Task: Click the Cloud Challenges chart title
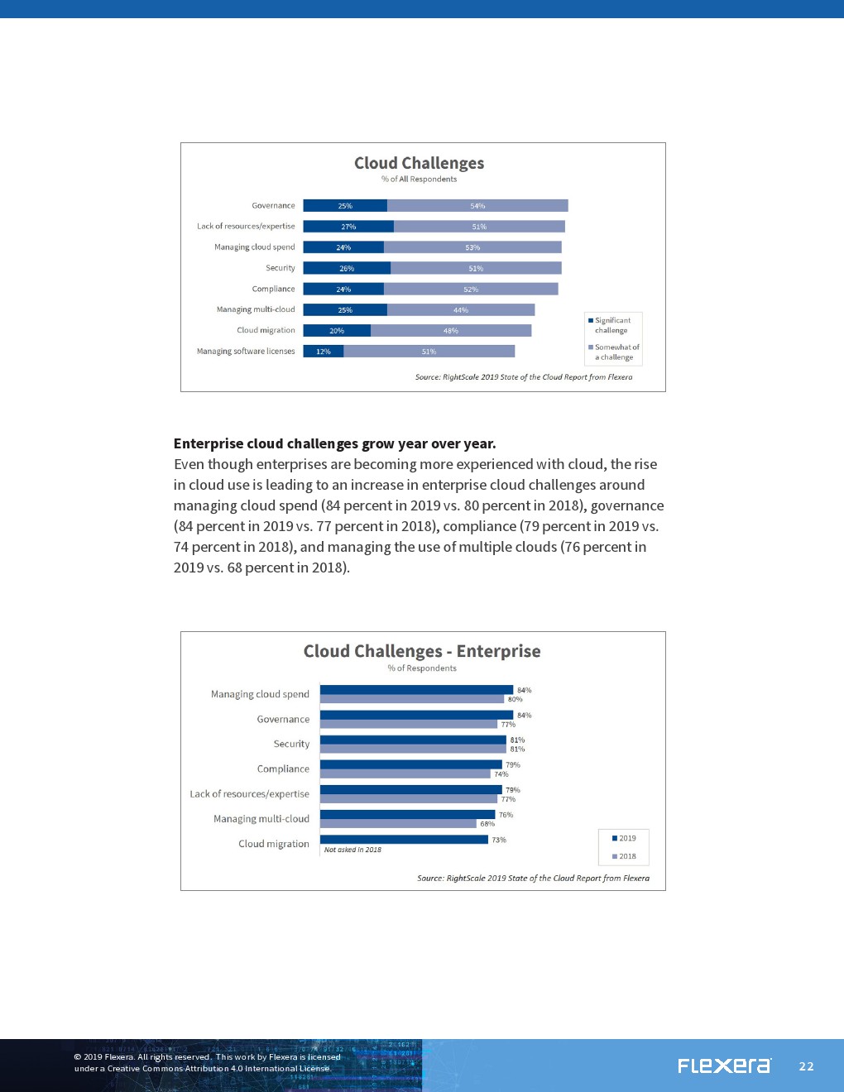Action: [x=419, y=163]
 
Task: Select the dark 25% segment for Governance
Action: [x=345, y=206]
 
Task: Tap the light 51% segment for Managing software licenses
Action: [x=429, y=352]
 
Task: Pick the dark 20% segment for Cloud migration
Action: [x=337, y=331]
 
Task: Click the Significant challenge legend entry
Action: [x=611, y=325]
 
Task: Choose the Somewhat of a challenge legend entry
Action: [x=614, y=352]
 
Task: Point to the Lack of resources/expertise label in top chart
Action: [x=246, y=227]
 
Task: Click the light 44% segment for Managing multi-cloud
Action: [x=461, y=310]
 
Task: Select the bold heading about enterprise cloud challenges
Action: [x=334, y=443]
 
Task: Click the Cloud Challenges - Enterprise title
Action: [x=422, y=651]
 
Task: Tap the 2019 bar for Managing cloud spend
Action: [x=416, y=690]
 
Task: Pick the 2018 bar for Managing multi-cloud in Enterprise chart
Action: [x=398, y=824]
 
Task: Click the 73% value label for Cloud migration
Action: [x=499, y=840]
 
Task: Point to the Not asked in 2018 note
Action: [x=352, y=850]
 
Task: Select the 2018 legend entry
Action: [x=624, y=856]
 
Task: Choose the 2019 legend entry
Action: [x=624, y=838]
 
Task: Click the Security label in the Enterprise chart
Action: [x=291, y=745]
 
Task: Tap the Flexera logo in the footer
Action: [x=724, y=1066]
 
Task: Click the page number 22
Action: [x=807, y=1066]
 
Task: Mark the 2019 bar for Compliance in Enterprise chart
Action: [x=410, y=764]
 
